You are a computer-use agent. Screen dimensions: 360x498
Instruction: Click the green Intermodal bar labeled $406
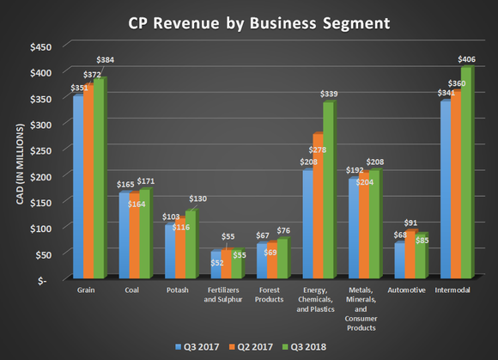[x=467, y=173]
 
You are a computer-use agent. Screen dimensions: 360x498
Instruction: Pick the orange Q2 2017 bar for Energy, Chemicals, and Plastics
[x=318, y=206]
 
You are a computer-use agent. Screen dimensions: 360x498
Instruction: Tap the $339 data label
[x=329, y=93]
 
